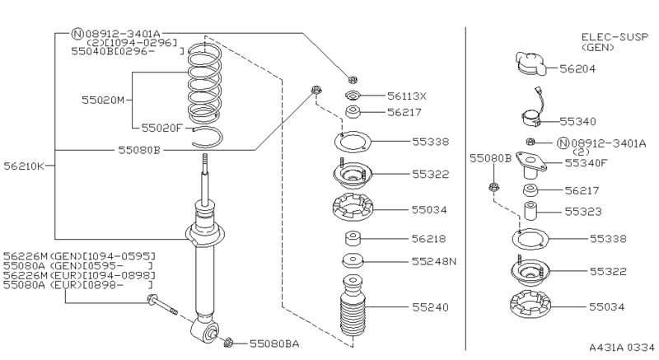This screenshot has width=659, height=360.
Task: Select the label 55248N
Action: [x=434, y=261]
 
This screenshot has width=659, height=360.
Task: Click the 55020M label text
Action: [x=102, y=100]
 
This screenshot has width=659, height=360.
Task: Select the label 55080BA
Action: [x=275, y=342]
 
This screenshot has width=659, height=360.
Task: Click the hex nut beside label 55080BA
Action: [x=229, y=341]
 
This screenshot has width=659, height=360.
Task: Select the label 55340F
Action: [x=587, y=163]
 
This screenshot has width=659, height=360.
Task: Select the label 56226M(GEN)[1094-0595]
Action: [x=78, y=255]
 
